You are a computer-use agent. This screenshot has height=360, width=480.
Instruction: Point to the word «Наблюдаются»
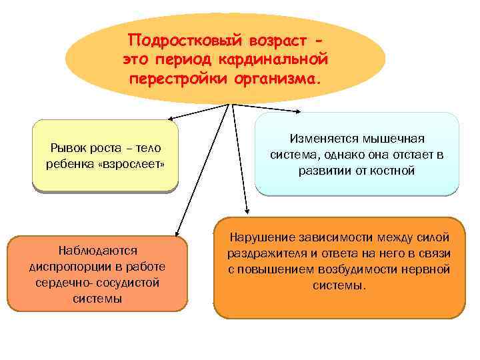tap(98, 250)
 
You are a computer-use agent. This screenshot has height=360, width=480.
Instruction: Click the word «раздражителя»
tap(265, 253)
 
